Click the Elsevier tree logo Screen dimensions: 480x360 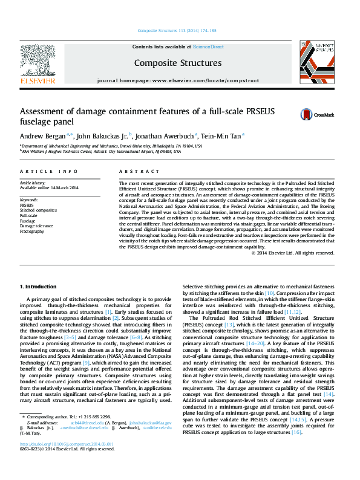point(38,60)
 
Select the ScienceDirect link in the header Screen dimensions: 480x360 point(209,47)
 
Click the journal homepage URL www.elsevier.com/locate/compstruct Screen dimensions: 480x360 point(203,80)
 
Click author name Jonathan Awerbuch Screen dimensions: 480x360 point(159,135)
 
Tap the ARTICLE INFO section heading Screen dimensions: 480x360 point(48,172)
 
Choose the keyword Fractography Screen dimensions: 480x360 point(32,231)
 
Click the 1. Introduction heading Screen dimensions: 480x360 point(40,286)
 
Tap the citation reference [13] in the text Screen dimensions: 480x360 point(229,324)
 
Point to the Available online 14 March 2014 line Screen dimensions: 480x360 point(49,188)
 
